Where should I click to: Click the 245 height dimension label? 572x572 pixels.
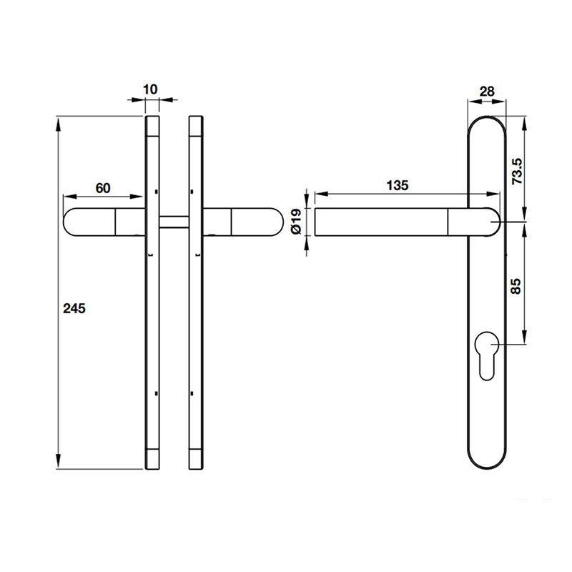74,309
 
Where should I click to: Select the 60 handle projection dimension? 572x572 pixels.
103,188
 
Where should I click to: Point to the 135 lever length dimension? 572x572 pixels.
397,185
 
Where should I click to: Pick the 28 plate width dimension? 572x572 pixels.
486,91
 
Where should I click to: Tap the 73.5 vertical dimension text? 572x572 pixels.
518,172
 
